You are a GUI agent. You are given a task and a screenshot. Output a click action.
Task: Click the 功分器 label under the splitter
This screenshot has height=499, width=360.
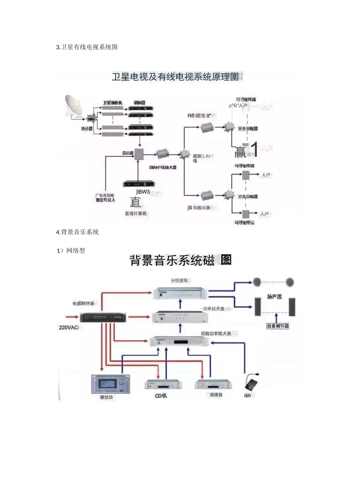click(86, 129)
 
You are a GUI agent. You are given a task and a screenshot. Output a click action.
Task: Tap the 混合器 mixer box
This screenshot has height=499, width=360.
click(139, 154)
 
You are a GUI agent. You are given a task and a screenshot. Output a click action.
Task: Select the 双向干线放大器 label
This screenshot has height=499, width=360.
click(163, 167)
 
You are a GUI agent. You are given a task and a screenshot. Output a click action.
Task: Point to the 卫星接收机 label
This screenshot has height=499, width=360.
click(113, 103)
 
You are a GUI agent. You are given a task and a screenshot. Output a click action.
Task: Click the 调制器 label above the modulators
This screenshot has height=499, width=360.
click(139, 103)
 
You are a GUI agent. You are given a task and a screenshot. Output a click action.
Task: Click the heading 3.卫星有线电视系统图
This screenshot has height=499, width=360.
click(87, 47)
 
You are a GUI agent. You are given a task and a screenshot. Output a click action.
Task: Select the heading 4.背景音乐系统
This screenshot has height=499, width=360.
click(77, 232)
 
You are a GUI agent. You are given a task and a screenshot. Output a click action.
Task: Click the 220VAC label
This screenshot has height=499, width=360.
click(69, 327)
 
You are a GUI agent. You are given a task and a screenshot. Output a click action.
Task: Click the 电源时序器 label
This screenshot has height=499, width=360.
click(83, 303)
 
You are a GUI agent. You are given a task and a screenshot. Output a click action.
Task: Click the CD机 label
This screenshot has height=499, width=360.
click(161, 396)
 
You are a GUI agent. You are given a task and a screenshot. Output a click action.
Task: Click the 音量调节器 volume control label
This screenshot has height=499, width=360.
click(278, 326)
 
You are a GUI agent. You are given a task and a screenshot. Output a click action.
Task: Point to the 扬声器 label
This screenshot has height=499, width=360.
click(274, 296)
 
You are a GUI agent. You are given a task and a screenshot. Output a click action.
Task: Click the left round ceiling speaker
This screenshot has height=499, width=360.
click(257, 282)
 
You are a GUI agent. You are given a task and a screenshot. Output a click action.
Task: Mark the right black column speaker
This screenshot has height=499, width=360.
click(292, 307)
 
